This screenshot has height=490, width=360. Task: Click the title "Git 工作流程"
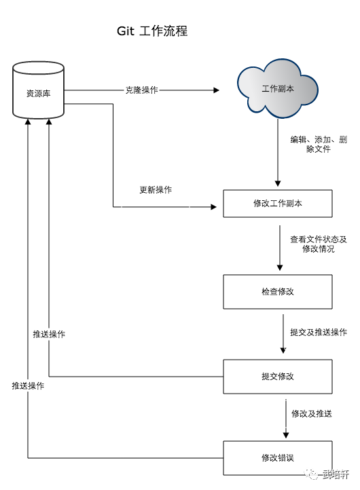pos(152,31)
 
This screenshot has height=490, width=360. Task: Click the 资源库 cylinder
pos(39,90)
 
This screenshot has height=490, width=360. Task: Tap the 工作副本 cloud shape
pos(278,88)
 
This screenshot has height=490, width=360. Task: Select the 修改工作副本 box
pos(278,204)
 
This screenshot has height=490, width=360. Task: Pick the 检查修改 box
pos(278,292)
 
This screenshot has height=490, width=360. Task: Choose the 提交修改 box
pos(278,377)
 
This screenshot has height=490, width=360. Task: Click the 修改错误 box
pos(278,458)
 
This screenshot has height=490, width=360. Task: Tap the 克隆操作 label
pos(142,90)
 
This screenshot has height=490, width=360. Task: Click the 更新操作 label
pos(156,189)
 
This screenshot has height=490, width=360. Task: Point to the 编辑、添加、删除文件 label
pos(319,144)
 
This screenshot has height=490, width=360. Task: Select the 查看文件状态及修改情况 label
pos(319,244)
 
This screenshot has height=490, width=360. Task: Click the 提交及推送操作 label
pos(319,332)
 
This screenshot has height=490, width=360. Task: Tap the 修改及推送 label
pos(312,414)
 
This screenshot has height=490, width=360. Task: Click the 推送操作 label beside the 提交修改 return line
pos(49,335)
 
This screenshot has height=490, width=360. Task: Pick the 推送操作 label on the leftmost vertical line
pos(28,386)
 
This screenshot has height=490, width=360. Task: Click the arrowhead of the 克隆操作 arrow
pos(216,90)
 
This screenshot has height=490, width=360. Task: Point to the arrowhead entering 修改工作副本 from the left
pos(214,207)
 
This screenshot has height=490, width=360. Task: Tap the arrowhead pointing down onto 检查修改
pos(280,268)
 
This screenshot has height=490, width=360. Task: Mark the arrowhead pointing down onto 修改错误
pos(286,435)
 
